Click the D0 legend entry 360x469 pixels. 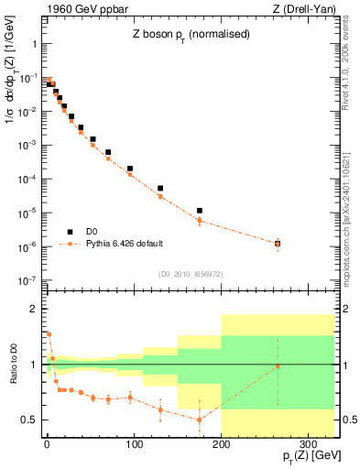(93, 232)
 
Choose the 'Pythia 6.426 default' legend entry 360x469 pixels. (129, 244)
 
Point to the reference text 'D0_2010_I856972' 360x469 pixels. (188, 273)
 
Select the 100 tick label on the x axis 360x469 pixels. (134, 444)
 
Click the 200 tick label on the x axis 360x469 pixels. (221, 444)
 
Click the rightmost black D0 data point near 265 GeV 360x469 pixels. (278, 243)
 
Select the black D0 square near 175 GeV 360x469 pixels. (199, 211)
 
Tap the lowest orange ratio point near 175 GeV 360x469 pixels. (199, 420)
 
